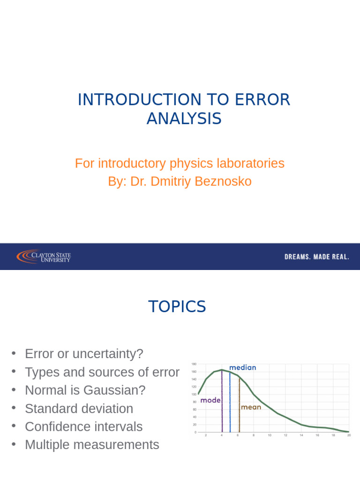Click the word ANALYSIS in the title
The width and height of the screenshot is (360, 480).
(x=184, y=119)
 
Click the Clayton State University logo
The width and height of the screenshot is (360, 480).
(x=44, y=256)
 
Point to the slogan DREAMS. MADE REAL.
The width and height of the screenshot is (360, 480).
(x=317, y=257)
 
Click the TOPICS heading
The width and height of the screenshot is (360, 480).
(x=177, y=307)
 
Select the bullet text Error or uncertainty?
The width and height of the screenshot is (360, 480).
(x=84, y=354)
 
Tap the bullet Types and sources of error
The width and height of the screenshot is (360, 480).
(x=102, y=372)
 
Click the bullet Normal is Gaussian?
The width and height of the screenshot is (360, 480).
(x=85, y=390)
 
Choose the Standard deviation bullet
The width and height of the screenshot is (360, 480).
(x=79, y=409)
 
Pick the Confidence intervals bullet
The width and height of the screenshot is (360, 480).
(x=83, y=427)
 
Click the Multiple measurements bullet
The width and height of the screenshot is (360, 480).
(x=92, y=445)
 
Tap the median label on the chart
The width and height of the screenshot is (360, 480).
(x=242, y=367)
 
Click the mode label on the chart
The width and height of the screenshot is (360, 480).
(x=210, y=401)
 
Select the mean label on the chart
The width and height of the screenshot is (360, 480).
(x=251, y=407)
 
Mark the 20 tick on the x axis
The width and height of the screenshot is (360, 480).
(x=349, y=436)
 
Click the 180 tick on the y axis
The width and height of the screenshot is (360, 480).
(x=194, y=364)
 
